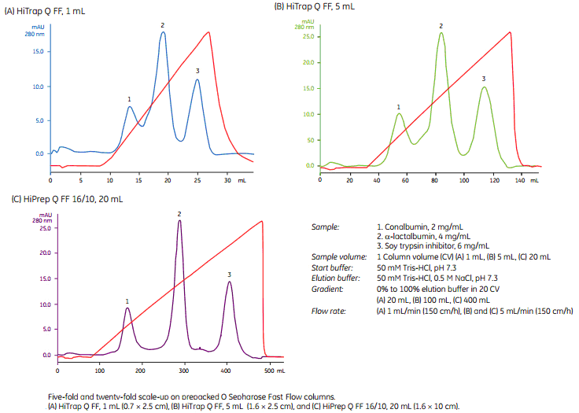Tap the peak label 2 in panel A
[x=163, y=24]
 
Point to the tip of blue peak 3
[x=198, y=79]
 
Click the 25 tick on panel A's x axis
[x=198, y=181]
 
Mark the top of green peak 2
[x=441, y=32]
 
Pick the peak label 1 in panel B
[x=399, y=105]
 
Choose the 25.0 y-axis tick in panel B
[x=308, y=36]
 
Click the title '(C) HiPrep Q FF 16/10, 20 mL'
[x=66, y=199]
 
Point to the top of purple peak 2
[x=180, y=220]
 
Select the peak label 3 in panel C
[x=229, y=275]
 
